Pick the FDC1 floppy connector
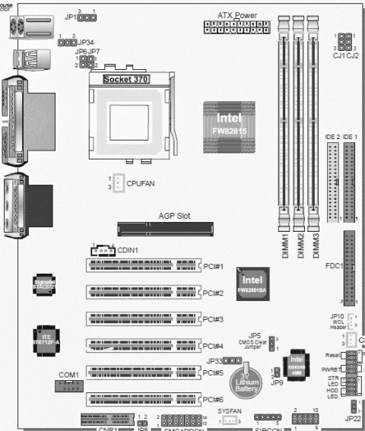(351, 267)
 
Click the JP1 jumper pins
(89, 16)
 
